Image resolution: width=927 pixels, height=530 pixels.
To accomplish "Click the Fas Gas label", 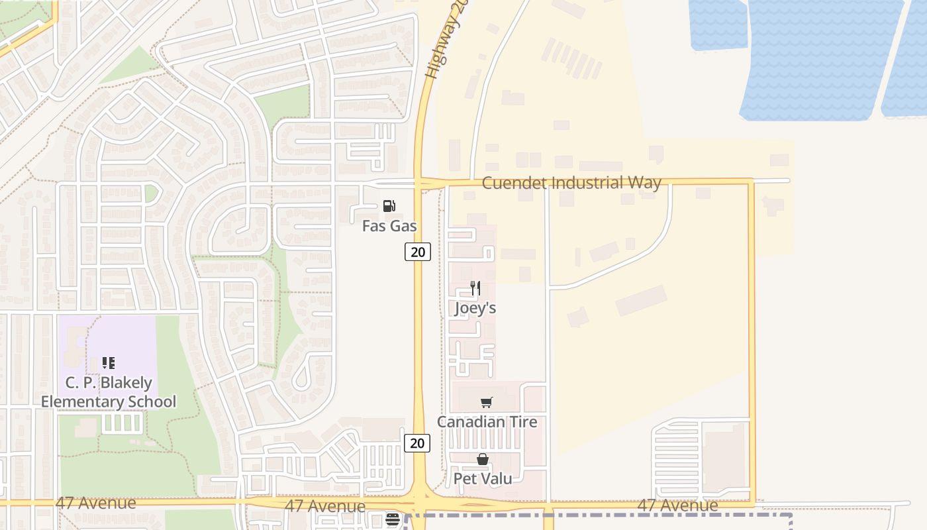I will pyautogui.click(x=389, y=226).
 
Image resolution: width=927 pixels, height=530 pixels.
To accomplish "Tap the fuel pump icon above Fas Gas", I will pyautogui.click(x=389, y=207).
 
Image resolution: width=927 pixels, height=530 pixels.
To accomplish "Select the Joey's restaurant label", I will pyautogui.click(x=475, y=308).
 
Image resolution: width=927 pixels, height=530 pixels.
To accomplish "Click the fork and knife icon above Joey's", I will pyautogui.click(x=475, y=288).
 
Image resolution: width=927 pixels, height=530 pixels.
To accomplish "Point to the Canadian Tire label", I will pyautogui.click(x=487, y=422).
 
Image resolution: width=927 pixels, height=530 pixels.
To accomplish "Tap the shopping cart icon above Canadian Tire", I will pyautogui.click(x=487, y=402).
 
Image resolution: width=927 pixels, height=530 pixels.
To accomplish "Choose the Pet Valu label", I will pyautogui.click(x=483, y=478).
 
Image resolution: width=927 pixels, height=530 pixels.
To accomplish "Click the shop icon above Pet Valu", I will pyautogui.click(x=483, y=459).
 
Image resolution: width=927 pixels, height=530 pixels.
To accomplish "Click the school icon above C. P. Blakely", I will pyautogui.click(x=109, y=363).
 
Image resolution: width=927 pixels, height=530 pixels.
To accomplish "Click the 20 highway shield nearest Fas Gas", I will pyautogui.click(x=418, y=252).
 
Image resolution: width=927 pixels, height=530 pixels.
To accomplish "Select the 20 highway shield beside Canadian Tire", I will pyautogui.click(x=417, y=443).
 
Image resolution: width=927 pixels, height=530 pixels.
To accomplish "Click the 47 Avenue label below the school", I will pyautogui.click(x=96, y=503).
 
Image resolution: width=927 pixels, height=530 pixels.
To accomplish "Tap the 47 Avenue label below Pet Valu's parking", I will pyautogui.click(x=325, y=507).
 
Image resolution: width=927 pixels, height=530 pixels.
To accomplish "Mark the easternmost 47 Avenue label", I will pyautogui.click(x=677, y=506).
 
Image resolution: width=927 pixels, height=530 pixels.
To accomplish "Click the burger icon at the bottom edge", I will pyautogui.click(x=393, y=520).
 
